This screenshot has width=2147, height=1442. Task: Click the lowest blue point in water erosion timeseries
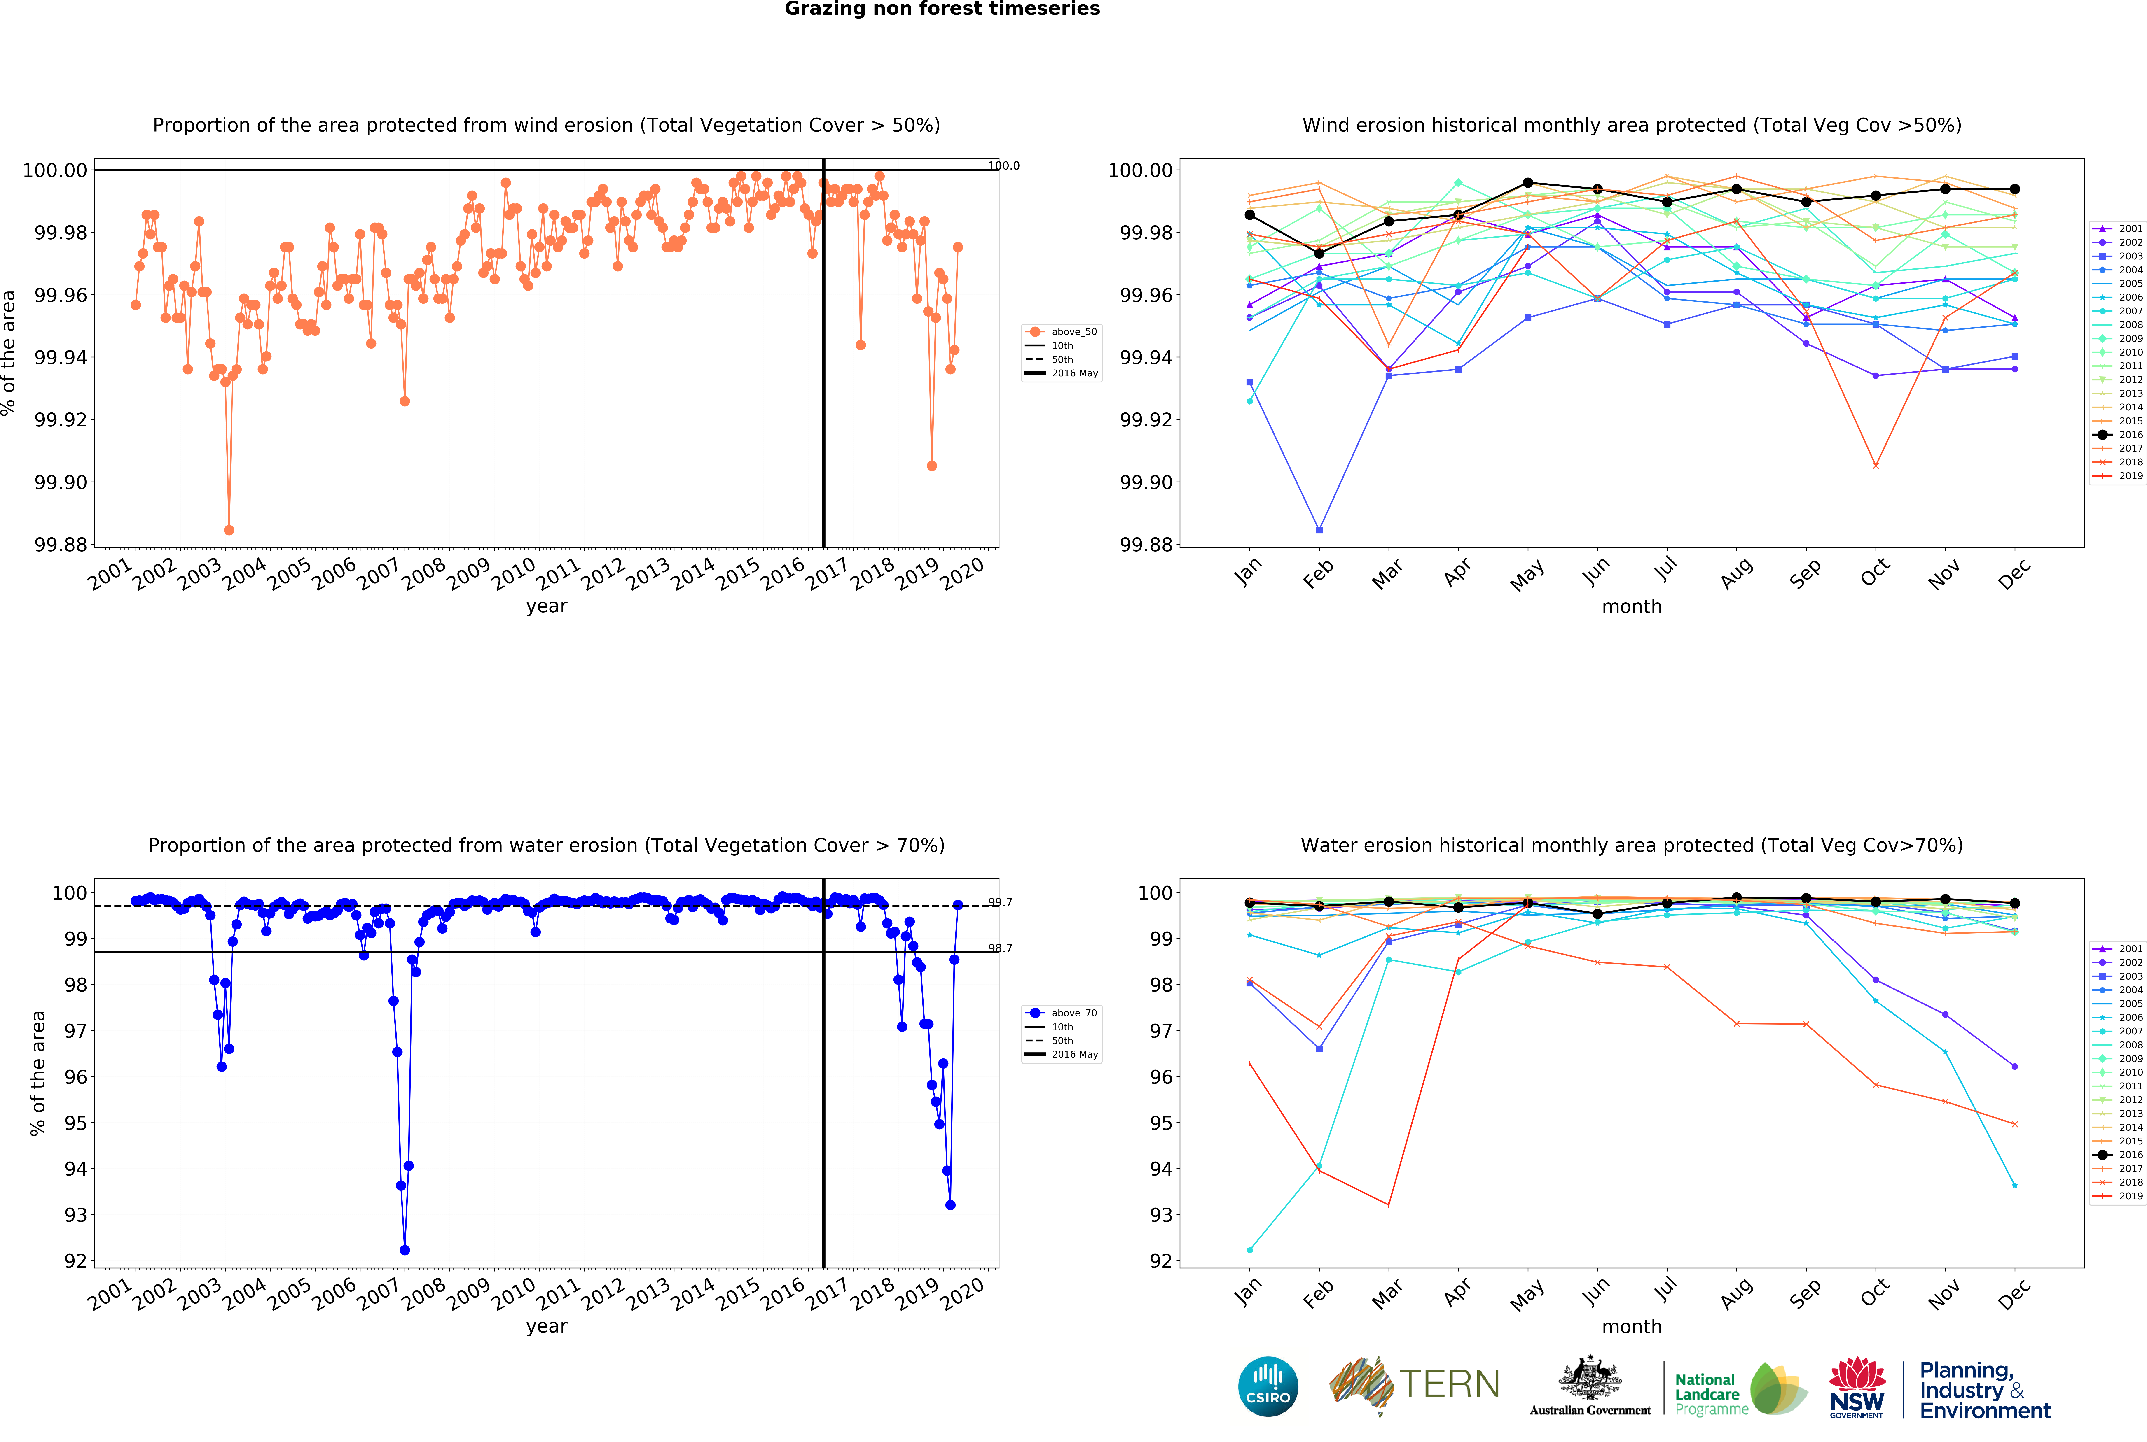tap(405, 1250)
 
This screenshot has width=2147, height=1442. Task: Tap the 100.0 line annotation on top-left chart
tap(1003, 165)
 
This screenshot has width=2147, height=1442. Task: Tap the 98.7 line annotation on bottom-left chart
tap(1000, 948)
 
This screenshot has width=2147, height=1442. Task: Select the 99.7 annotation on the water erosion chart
tap(1000, 902)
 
